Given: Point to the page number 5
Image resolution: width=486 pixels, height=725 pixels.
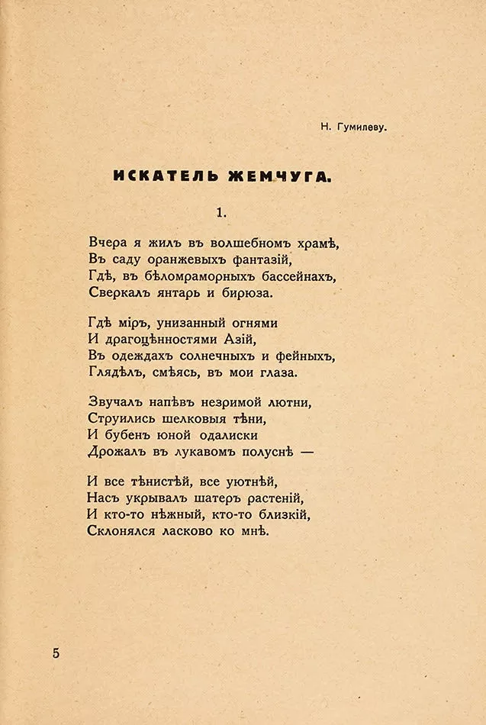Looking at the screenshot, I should [x=56, y=653].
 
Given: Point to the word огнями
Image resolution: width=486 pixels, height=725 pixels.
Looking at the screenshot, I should [x=252, y=324].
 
